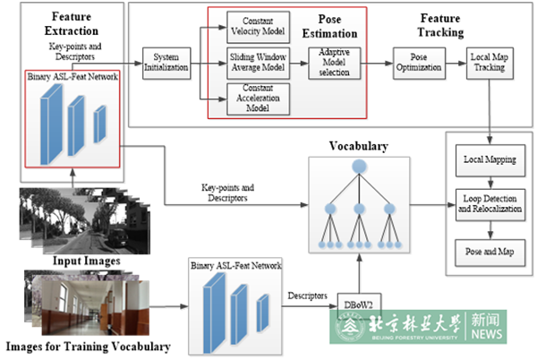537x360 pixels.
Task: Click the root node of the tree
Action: [x=358, y=167]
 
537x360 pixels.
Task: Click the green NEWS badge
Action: [x=486, y=327]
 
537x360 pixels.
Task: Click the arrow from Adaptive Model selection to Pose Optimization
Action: [x=379, y=64]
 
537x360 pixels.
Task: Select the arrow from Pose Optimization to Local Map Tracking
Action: [x=454, y=64]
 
